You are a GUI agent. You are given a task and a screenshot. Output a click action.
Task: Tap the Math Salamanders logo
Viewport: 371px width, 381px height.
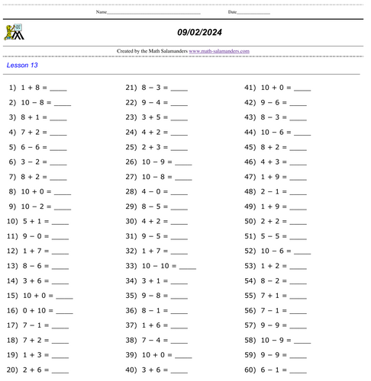click(14, 32)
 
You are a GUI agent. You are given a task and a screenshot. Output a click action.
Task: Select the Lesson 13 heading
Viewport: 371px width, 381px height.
click(22, 66)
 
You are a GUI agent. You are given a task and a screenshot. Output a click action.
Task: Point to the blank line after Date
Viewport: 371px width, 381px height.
click(253, 13)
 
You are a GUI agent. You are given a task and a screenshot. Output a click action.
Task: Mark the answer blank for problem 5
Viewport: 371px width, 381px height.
click(59, 148)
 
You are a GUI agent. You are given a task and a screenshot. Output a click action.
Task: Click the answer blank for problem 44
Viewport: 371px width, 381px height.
click(302, 133)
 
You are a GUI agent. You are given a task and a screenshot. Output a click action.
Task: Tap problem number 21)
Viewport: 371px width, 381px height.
click(131, 88)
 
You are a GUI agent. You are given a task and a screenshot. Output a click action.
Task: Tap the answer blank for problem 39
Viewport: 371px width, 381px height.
click(183, 355)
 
